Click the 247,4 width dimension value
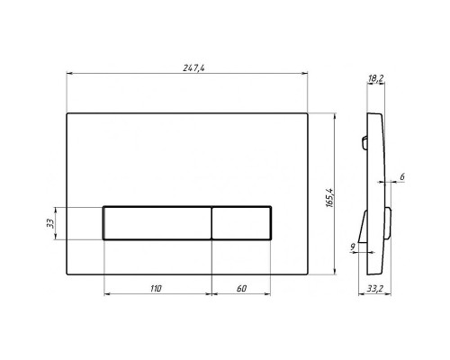[194, 68]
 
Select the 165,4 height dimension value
[329, 198]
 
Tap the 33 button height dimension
[50, 223]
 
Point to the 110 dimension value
[156, 289]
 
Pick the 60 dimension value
[241, 289]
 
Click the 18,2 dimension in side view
[375, 78]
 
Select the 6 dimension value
[402, 177]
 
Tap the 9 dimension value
[353, 247]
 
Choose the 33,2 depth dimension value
[375, 289]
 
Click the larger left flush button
[157, 223]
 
